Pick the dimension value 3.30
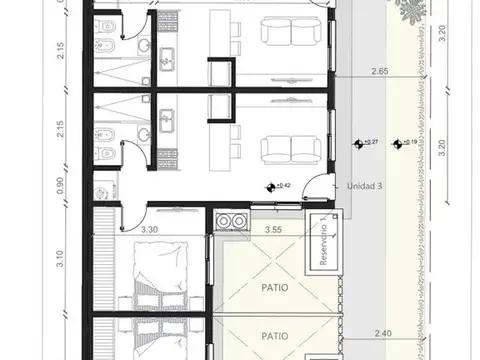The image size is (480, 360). [151, 231]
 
